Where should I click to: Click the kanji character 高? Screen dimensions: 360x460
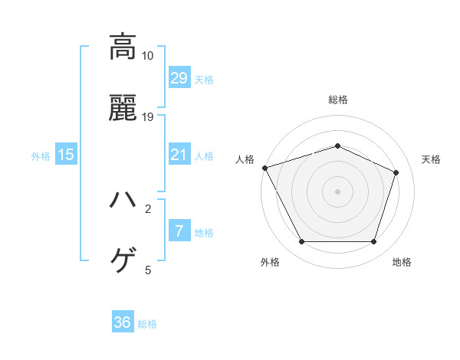click(123, 47)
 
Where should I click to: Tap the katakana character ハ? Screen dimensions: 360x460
click(123, 200)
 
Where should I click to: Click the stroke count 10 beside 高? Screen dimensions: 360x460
click(148, 56)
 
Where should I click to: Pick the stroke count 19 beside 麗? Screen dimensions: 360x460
click(148, 117)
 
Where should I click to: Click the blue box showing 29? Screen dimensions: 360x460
click(179, 77)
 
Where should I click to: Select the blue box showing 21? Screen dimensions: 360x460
click(179, 155)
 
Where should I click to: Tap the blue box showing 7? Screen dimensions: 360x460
click(179, 231)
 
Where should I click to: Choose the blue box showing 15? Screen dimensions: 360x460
click(66, 155)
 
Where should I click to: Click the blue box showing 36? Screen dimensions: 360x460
click(122, 322)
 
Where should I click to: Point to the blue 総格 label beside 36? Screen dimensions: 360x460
click(147, 324)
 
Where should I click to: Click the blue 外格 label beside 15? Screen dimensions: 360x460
click(41, 155)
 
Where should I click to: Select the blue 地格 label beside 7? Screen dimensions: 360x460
click(204, 232)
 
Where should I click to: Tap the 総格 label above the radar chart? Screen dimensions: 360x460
click(338, 100)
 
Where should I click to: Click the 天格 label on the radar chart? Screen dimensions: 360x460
click(431, 159)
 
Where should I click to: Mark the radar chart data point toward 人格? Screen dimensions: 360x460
click(264, 168)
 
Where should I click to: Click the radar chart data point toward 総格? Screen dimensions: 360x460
click(338, 146)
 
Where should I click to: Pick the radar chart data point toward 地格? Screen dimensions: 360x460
click(374, 242)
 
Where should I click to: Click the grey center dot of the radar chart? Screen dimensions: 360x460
click(338, 191)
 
